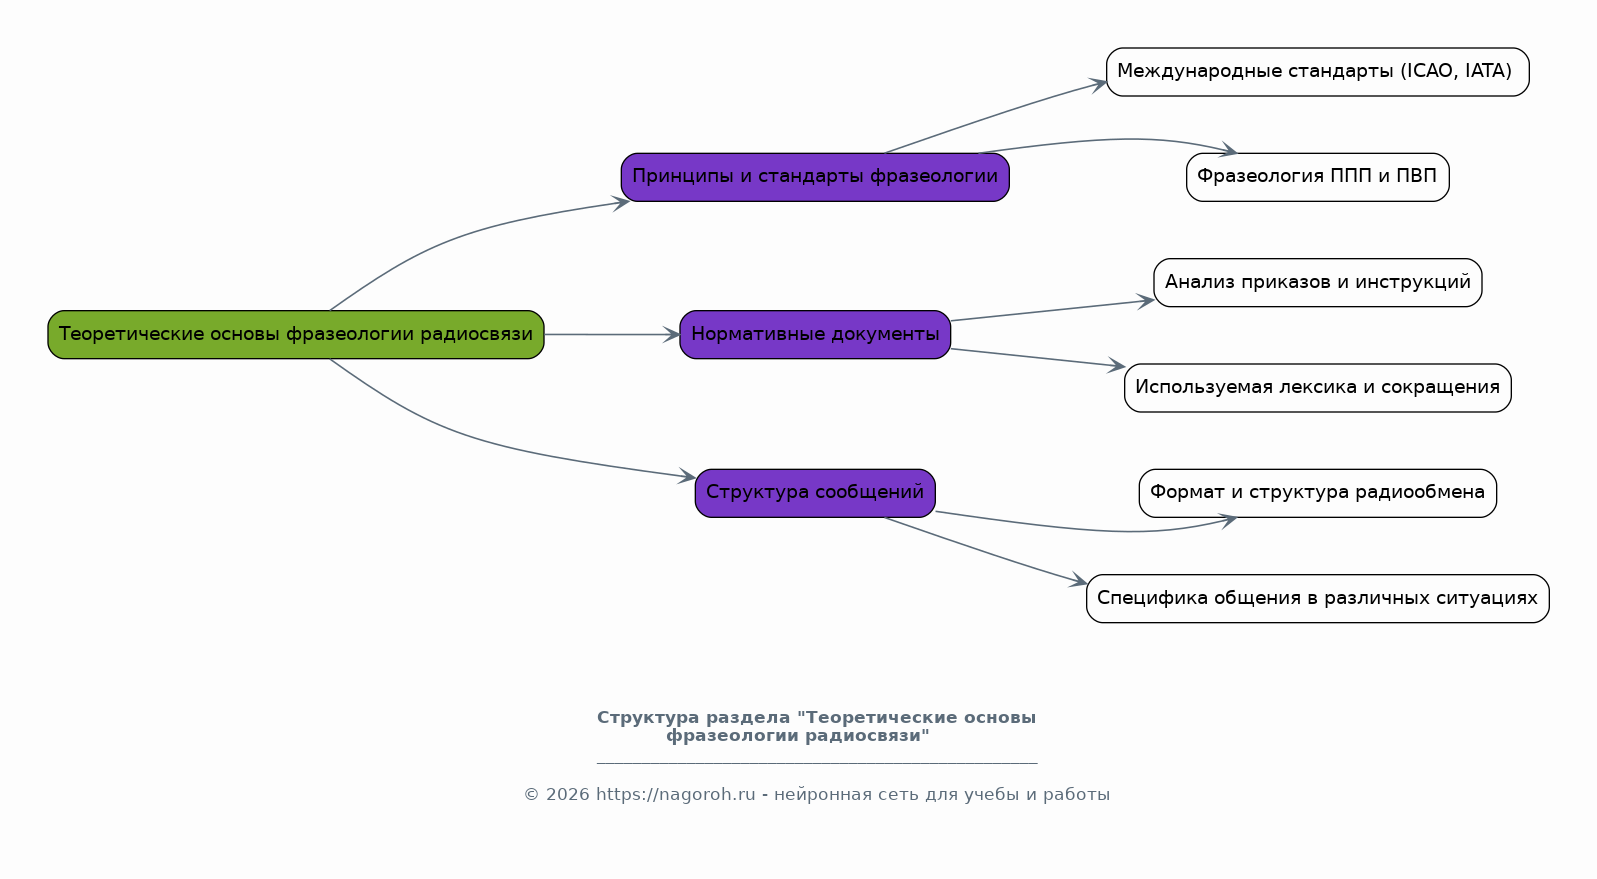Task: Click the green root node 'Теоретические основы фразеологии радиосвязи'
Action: click(x=296, y=334)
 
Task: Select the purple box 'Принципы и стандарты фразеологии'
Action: click(x=815, y=177)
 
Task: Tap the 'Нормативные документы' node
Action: click(x=815, y=334)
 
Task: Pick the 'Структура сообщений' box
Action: click(x=815, y=492)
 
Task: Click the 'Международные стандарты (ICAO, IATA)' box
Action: click(x=1317, y=72)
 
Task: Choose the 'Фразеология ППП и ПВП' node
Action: click(x=1317, y=177)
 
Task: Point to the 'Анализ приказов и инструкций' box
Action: click(x=1317, y=282)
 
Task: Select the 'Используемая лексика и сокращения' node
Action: click(x=1317, y=388)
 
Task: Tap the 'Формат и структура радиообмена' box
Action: click(x=1317, y=493)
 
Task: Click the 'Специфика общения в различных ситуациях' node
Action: click(x=1317, y=598)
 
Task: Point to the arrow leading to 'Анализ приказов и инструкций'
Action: click(x=1050, y=310)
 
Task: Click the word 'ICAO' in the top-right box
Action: click(x=1430, y=71)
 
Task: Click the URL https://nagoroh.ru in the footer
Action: click(x=675, y=795)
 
